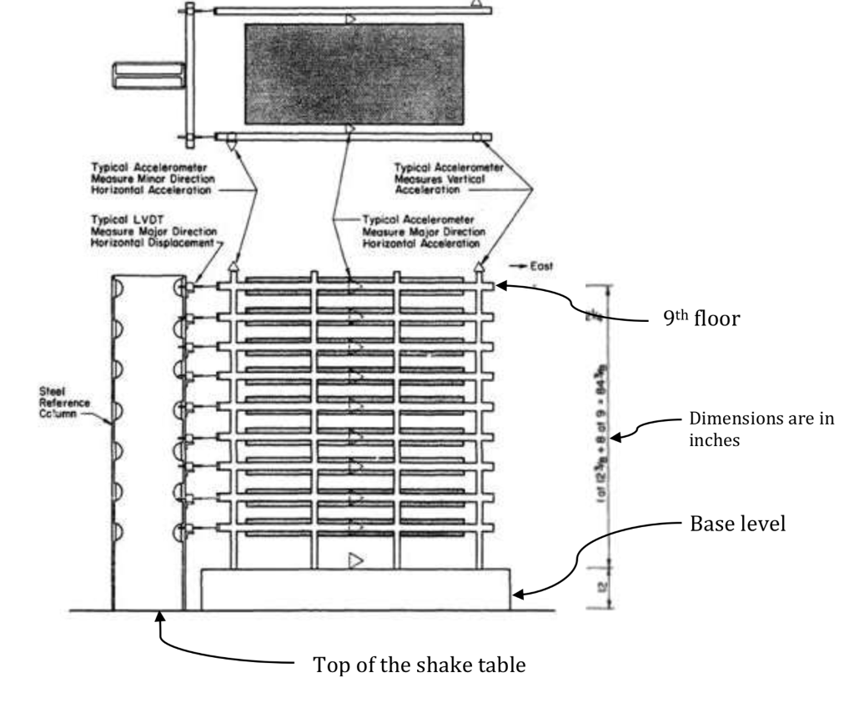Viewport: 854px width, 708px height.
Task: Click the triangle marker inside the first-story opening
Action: click(x=356, y=560)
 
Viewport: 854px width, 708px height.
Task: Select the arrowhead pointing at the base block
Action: click(x=518, y=594)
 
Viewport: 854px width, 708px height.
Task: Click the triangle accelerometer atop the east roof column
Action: click(x=479, y=266)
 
